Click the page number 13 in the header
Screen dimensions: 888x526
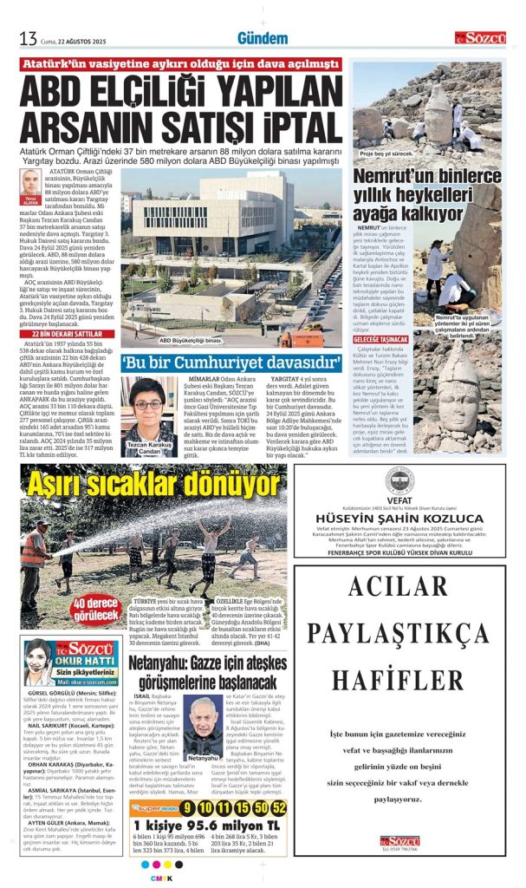[28, 38]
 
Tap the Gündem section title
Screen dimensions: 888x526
[262, 38]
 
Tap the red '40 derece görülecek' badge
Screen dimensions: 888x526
[95, 610]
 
